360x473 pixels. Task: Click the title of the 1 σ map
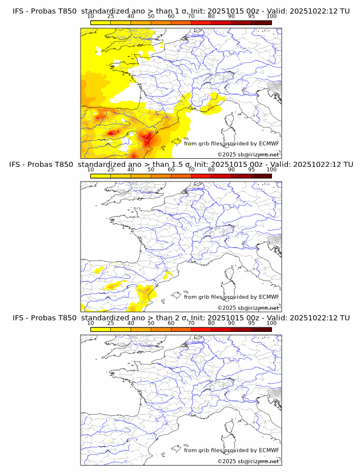pos(180,11)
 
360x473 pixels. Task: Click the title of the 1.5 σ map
pos(180,164)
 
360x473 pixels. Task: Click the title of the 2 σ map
pos(180,318)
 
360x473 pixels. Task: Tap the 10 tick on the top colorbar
pos(91,17)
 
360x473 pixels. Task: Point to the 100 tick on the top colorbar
pos(271,17)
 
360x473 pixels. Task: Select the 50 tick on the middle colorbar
pos(151,170)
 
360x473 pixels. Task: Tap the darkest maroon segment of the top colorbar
pos(261,22)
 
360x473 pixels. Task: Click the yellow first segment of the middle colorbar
pos(101,176)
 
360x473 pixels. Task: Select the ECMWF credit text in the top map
pos(231,143)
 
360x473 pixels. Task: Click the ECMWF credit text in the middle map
pos(231,296)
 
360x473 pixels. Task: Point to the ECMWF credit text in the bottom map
pos(231,450)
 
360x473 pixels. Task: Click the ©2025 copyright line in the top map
pos(248,154)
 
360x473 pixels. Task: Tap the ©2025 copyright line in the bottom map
pos(248,461)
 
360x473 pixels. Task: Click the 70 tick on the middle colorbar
pos(191,170)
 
